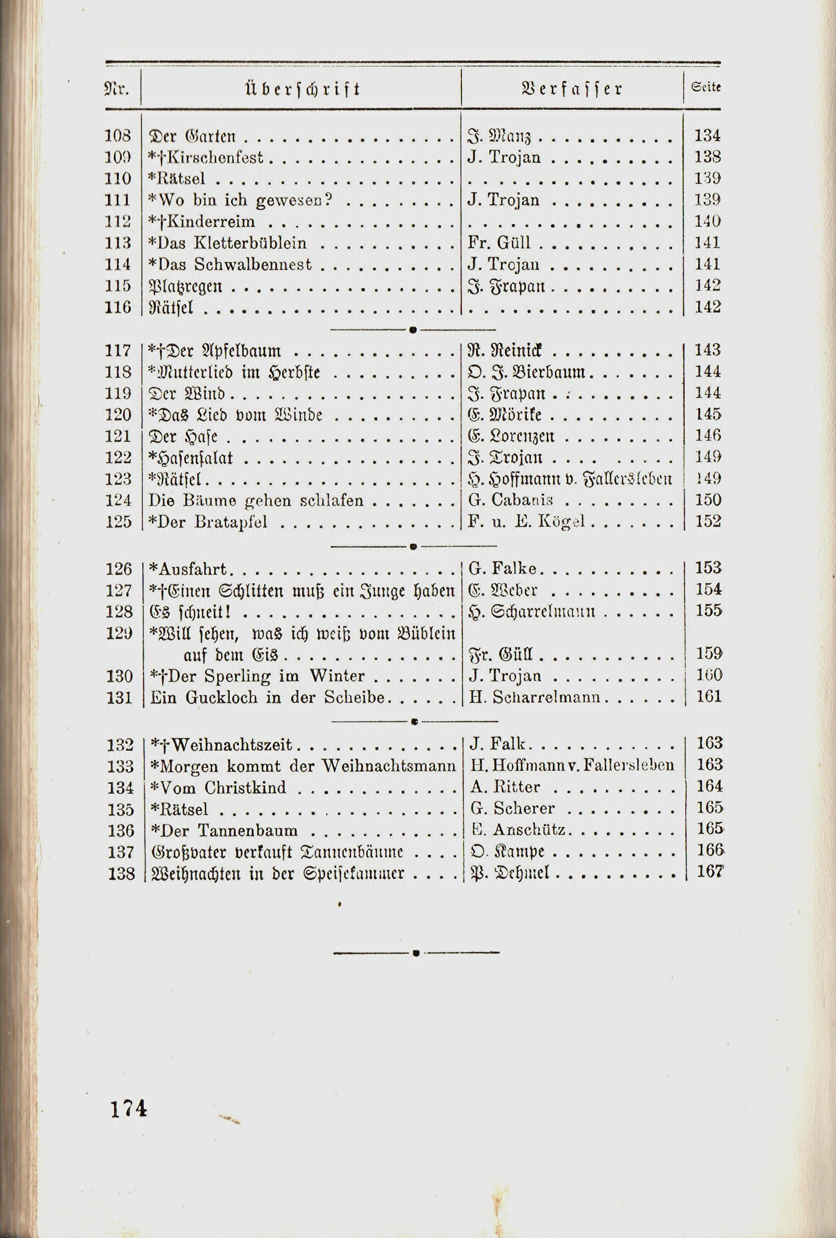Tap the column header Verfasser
(x=573, y=88)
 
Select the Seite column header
(x=706, y=88)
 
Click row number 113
(x=118, y=244)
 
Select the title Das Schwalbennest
(x=230, y=265)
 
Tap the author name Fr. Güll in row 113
(x=499, y=244)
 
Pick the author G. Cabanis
(x=511, y=500)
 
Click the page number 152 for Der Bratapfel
(x=708, y=522)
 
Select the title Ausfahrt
(x=189, y=570)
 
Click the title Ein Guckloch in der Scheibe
(x=268, y=697)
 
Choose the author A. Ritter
(x=505, y=787)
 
